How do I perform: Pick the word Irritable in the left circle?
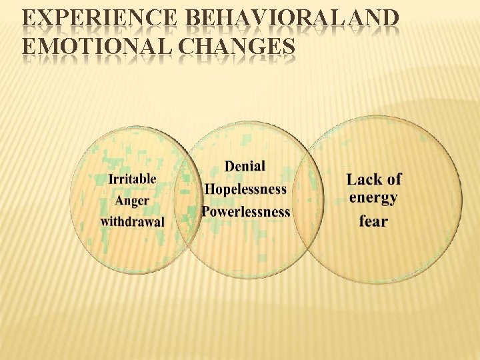[x=133, y=179]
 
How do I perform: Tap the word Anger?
[x=132, y=201]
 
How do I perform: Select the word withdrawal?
[x=133, y=221]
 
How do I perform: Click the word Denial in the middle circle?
[x=245, y=166]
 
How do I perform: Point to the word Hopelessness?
[x=245, y=189]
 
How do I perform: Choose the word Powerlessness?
[x=246, y=212]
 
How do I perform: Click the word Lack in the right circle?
[x=363, y=179]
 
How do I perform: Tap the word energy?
[x=373, y=198]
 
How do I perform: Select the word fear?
[x=373, y=221]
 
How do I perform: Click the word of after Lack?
[x=394, y=179]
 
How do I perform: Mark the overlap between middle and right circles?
[x=308, y=200]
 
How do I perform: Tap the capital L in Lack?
[x=352, y=179]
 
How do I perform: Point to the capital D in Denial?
[x=230, y=166]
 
